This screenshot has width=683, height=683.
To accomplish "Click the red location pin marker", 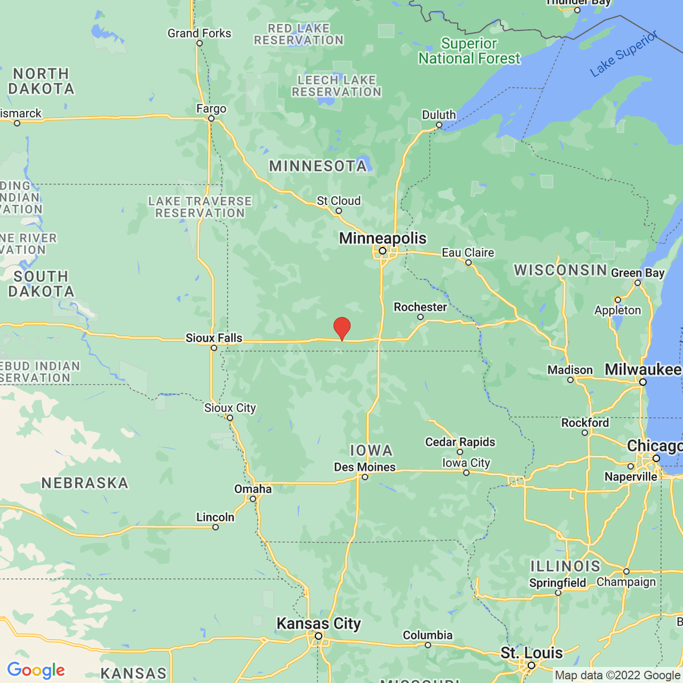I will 341,328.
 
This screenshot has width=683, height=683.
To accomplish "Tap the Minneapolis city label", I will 382,238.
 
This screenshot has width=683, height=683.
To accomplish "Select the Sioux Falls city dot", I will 214,348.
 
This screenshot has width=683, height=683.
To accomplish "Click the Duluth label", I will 439,115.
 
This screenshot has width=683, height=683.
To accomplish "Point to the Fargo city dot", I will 211,118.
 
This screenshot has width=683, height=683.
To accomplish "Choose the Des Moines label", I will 364,467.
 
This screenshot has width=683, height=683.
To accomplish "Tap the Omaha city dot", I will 253,499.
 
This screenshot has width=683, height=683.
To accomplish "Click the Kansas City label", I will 319,624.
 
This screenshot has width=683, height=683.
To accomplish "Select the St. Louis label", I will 532,653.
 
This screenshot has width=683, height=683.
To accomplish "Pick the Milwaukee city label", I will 643,370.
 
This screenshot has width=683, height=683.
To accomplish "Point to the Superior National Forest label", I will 470,51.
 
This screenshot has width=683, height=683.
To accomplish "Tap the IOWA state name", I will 371,451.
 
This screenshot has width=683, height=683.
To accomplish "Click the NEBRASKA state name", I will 85,483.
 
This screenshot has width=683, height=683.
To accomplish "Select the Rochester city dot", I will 421,317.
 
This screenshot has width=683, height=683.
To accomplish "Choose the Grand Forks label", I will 199,34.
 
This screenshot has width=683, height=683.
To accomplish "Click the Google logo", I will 36,670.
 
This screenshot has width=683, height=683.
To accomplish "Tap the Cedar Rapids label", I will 460,442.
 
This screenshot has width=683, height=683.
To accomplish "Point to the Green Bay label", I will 637,273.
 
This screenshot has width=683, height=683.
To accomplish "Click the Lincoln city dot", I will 216,527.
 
